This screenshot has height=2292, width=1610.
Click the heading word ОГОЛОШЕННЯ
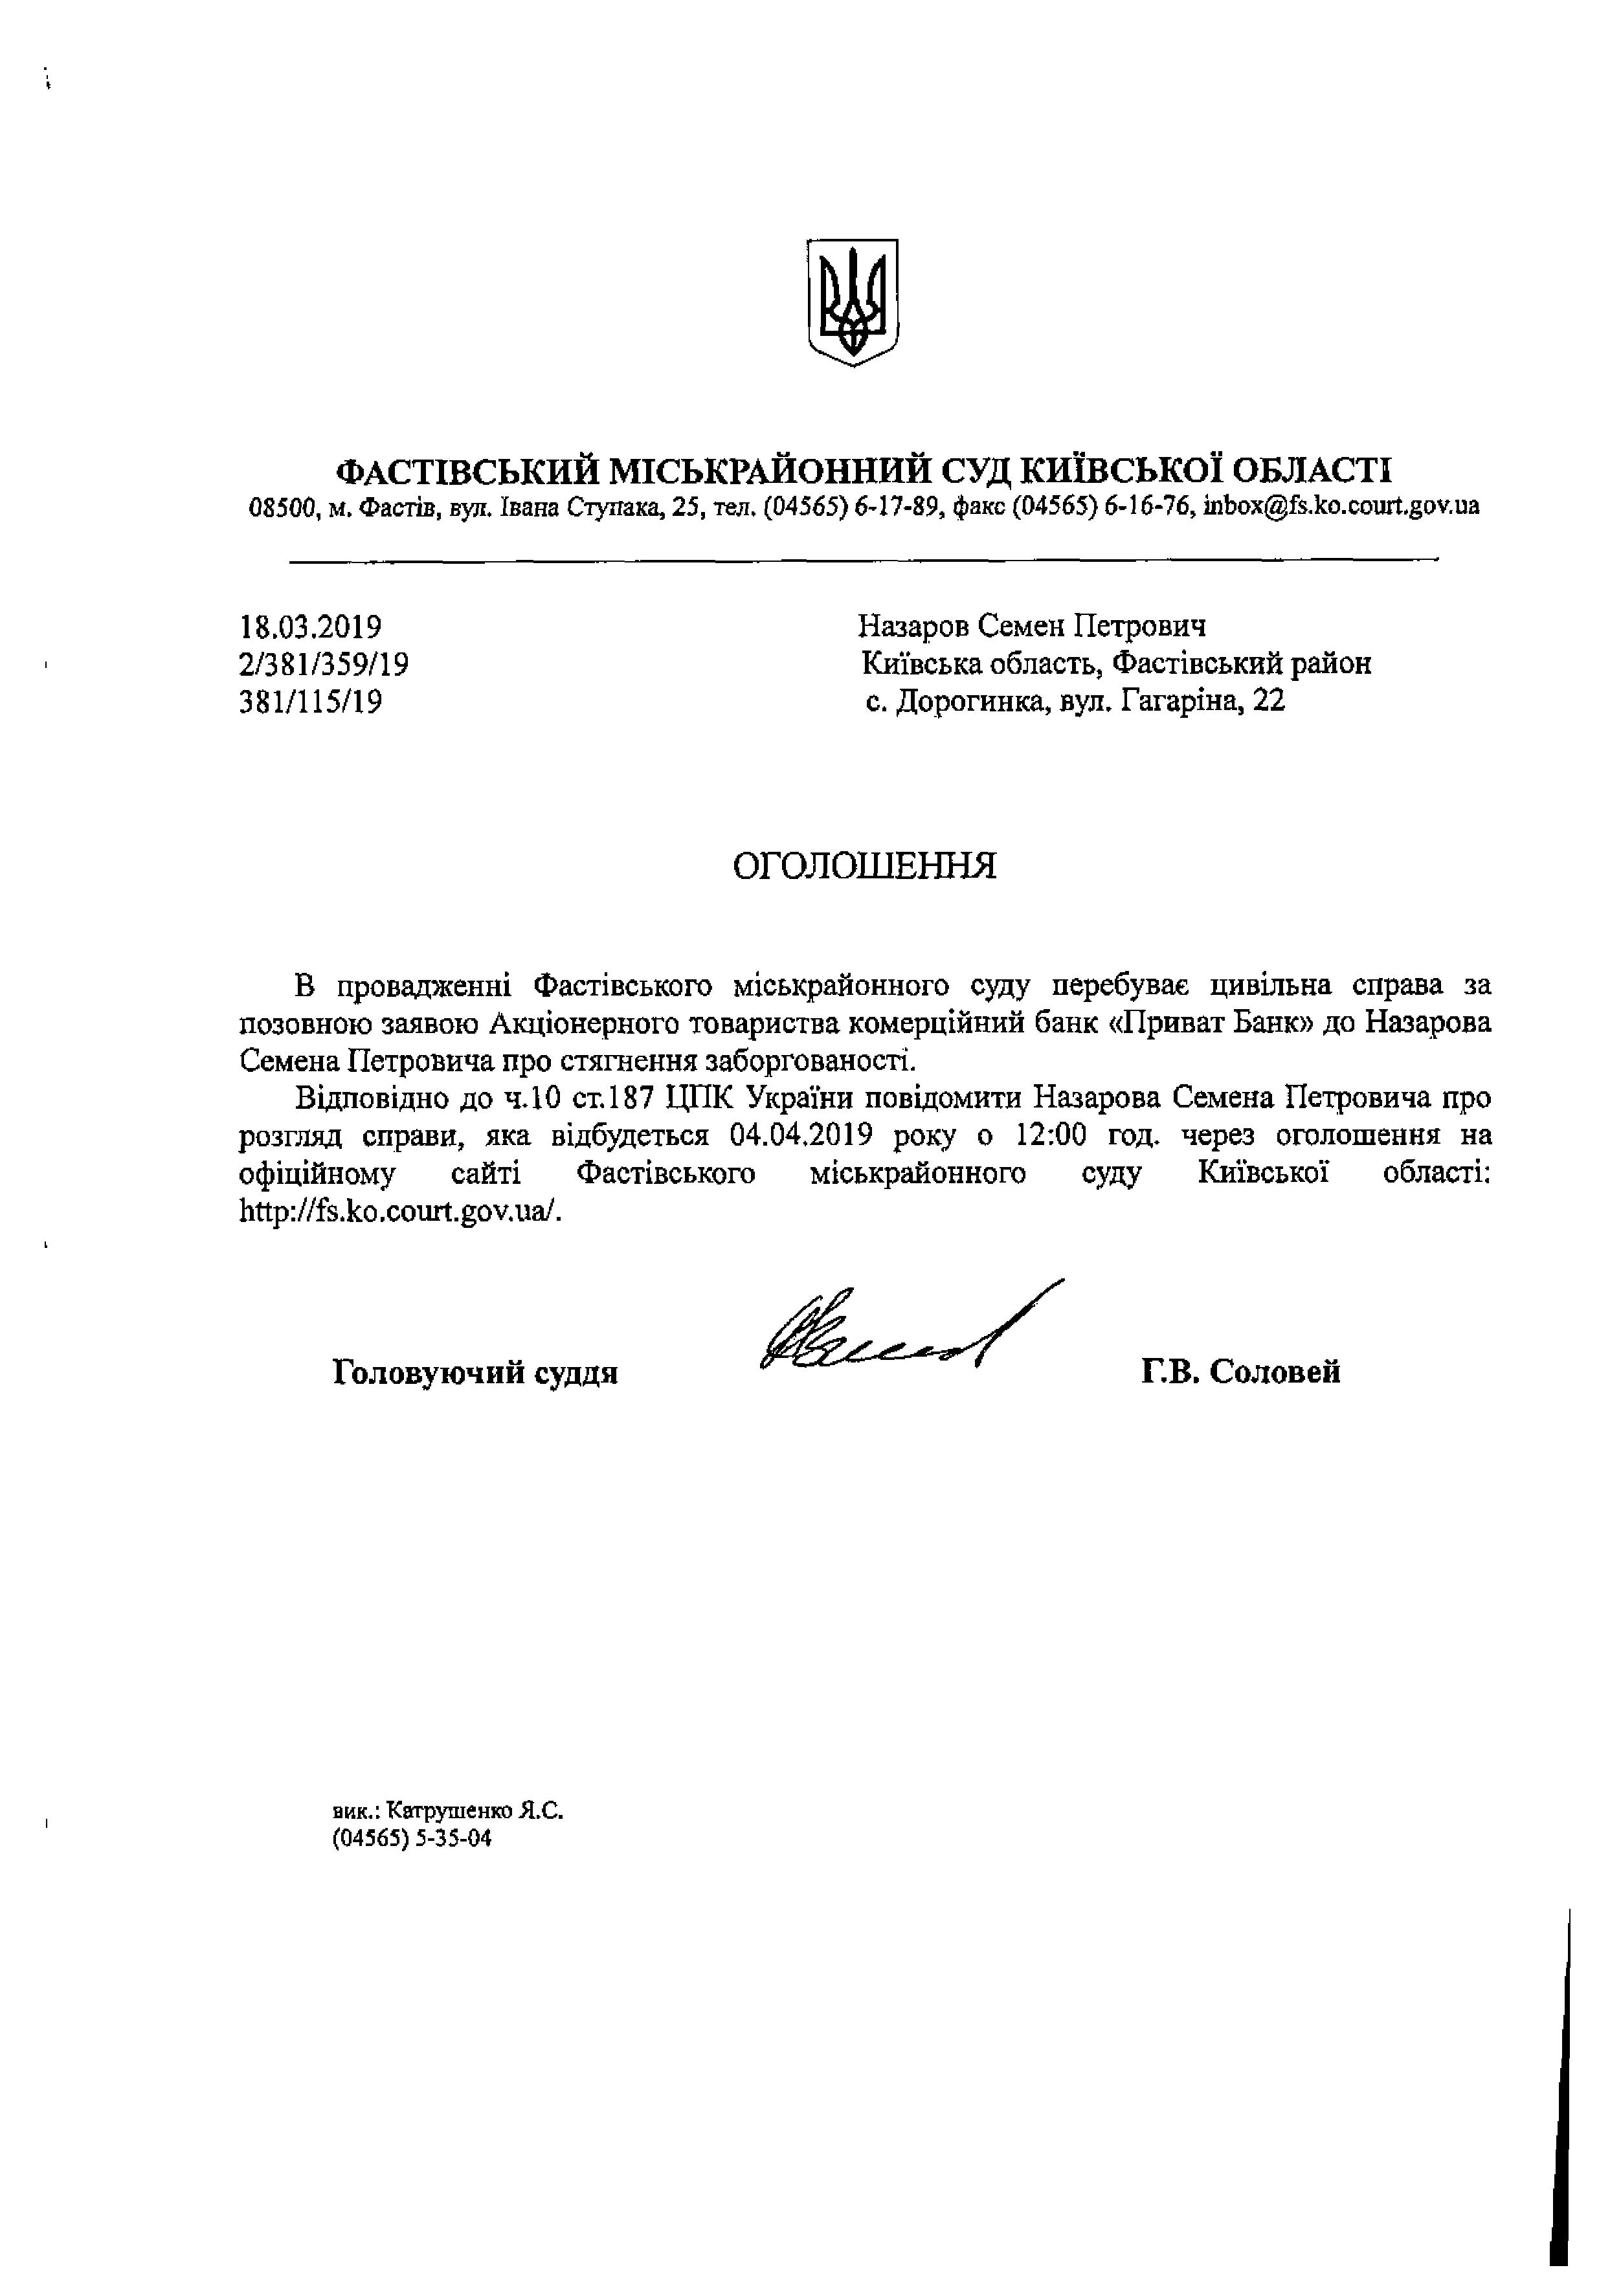[x=864, y=865]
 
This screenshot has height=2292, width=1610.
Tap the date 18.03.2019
[x=311, y=627]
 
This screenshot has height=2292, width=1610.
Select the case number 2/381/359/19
[x=324, y=665]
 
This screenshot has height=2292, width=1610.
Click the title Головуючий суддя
[x=475, y=1374]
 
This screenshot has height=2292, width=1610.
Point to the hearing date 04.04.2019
[x=801, y=1135]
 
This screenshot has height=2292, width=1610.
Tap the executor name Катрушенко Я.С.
[x=474, y=1810]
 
